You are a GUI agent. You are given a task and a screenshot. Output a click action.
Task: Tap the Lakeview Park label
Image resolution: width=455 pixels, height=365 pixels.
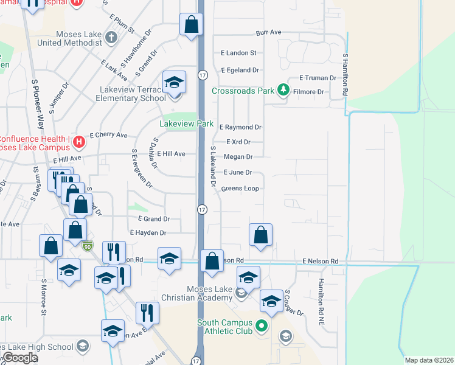pyautogui.click(x=187, y=123)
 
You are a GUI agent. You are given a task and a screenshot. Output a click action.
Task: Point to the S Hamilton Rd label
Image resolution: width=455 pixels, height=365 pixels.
pyautogui.click(x=345, y=74)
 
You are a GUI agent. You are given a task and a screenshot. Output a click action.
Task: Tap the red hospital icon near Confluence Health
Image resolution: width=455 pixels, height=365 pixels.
pyautogui.click(x=78, y=142)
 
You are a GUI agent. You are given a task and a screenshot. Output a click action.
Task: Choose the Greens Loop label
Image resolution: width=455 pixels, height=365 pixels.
pyautogui.click(x=240, y=189)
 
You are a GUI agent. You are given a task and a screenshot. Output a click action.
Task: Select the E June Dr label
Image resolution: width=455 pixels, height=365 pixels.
pyautogui.click(x=238, y=173)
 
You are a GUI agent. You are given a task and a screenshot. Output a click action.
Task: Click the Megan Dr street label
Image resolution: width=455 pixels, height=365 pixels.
pyautogui.click(x=238, y=157)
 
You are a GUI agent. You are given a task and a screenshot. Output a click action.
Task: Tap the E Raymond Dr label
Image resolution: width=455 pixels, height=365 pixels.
pyautogui.click(x=241, y=127)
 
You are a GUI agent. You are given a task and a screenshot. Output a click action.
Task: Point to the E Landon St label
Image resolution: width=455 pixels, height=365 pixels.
pyautogui.click(x=238, y=54)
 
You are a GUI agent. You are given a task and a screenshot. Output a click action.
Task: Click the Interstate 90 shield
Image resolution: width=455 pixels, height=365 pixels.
pyautogui.click(x=88, y=246)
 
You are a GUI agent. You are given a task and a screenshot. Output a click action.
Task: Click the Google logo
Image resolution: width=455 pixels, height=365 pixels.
pyautogui.click(x=19, y=358)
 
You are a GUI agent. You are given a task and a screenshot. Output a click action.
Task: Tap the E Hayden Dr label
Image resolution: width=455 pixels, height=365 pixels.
pyautogui.click(x=148, y=232)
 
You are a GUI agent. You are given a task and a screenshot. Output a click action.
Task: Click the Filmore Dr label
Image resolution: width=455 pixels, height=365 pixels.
pyautogui.click(x=310, y=92)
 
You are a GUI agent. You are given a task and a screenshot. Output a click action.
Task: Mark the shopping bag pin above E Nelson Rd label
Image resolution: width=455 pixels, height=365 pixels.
pyautogui.click(x=260, y=235)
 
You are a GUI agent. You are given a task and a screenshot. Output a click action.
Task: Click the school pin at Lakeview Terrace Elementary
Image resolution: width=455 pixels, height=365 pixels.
pyautogui.click(x=173, y=83)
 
